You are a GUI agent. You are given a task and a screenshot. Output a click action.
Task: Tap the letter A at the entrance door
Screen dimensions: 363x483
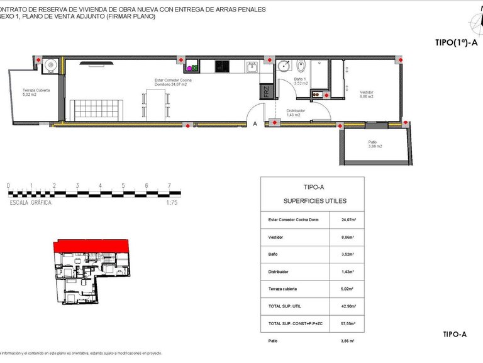pos(255,125)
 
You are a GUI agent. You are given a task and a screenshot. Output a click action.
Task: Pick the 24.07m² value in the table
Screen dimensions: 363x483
pos(348,221)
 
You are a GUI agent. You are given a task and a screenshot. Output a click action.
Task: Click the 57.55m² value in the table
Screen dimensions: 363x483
pos(348,323)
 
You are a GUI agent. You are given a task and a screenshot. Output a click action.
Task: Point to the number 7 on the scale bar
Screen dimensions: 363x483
pos(169,186)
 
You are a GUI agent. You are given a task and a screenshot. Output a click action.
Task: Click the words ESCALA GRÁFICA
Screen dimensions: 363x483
pos(31,203)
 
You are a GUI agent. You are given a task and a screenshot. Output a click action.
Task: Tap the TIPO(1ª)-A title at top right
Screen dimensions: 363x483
pos(456,43)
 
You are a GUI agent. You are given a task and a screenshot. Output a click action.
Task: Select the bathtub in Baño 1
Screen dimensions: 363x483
pos(319,74)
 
